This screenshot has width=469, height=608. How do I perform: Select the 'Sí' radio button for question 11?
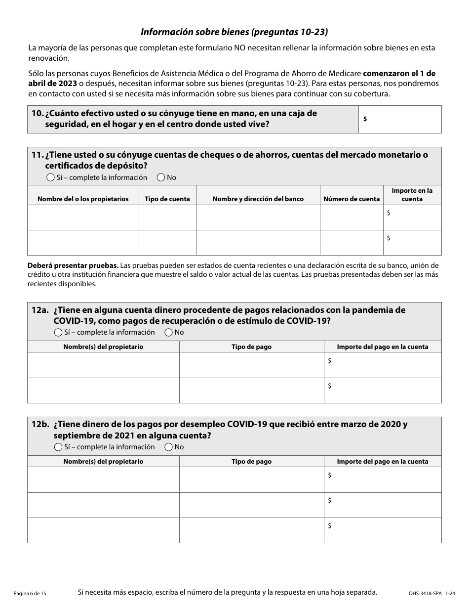pos(50,177)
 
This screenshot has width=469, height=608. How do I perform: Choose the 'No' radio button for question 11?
pos(161,177)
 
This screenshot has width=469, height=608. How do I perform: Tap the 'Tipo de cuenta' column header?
pos(167,199)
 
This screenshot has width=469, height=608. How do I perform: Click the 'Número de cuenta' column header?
pos(352,199)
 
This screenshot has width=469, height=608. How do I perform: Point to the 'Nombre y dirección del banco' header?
pos(258,199)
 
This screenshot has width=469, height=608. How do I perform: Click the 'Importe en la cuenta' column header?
pos(412,195)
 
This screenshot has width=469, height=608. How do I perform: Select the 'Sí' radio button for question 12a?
pos(58,332)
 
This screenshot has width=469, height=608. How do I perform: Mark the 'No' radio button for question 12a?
pos(168,332)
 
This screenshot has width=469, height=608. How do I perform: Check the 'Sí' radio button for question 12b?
pos(58,447)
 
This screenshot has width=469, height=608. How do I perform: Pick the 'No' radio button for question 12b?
pos(168,447)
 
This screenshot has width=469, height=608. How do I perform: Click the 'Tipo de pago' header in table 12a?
pos(251,347)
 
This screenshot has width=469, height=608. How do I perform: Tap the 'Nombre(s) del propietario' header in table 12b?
pos(103,461)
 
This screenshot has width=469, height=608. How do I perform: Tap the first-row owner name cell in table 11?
pos(83,217)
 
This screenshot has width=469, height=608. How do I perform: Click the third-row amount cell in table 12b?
pos(383,530)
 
